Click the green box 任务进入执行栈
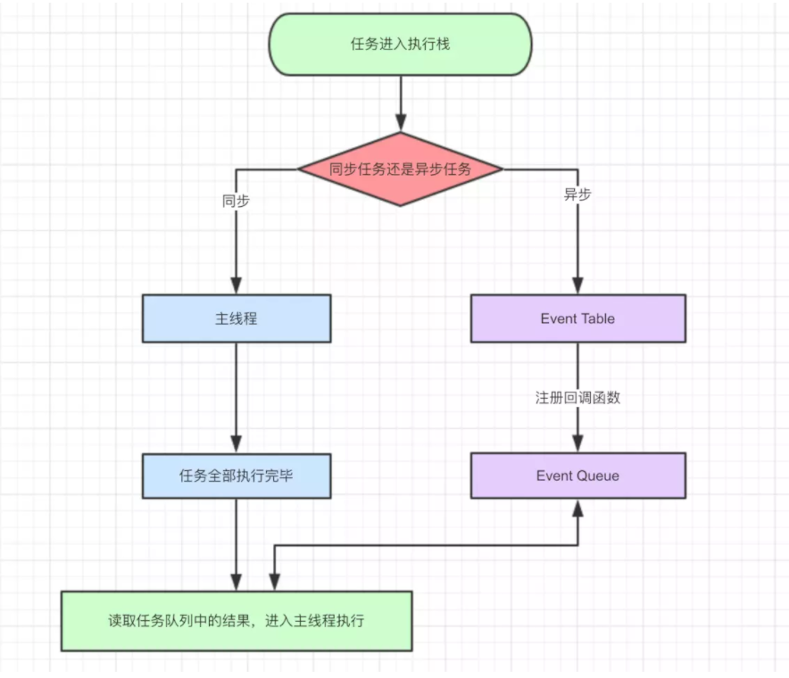400,44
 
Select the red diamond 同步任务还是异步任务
400,169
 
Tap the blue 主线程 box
237,318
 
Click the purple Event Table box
577,318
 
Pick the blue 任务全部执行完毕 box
237,475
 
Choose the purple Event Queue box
577,475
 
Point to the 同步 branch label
236,201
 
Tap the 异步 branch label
577,194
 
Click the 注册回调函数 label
577,398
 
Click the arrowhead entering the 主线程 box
237,285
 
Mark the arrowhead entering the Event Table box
577,285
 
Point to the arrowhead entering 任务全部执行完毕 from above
237,443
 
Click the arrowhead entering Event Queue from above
577,443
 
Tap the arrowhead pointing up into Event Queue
577,508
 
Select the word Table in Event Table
598,318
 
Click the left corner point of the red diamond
299,169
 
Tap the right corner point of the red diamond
502,169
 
